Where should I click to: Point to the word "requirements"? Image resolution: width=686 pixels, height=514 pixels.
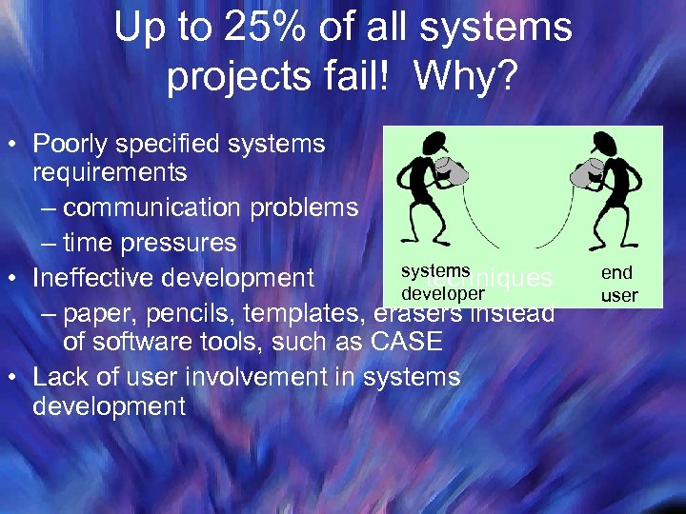(x=110, y=173)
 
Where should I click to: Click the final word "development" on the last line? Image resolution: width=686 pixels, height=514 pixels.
(x=109, y=406)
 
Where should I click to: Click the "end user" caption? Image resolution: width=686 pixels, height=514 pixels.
(x=618, y=284)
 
